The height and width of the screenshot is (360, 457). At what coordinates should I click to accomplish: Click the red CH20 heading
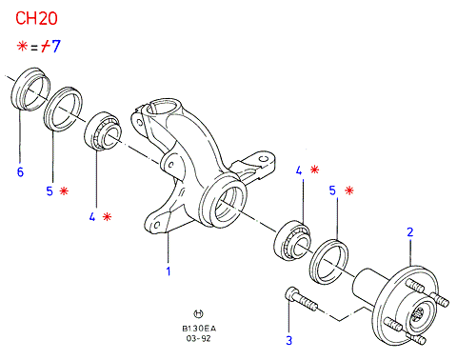click(36, 18)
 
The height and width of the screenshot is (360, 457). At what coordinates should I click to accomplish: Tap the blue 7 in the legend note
click(55, 46)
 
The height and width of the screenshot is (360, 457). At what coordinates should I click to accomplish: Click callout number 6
click(20, 171)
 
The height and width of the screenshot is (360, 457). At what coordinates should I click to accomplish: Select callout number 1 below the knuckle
click(169, 271)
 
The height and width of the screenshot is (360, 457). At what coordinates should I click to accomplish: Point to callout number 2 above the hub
click(410, 232)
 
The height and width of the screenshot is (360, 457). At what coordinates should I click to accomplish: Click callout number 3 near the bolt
click(288, 340)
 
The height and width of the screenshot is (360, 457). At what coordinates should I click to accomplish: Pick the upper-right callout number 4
click(299, 170)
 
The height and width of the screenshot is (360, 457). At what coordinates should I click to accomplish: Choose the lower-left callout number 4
click(92, 217)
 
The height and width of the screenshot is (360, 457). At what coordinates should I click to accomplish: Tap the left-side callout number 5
click(50, 191)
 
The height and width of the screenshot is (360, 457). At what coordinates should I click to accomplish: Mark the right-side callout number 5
click(332, 190)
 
